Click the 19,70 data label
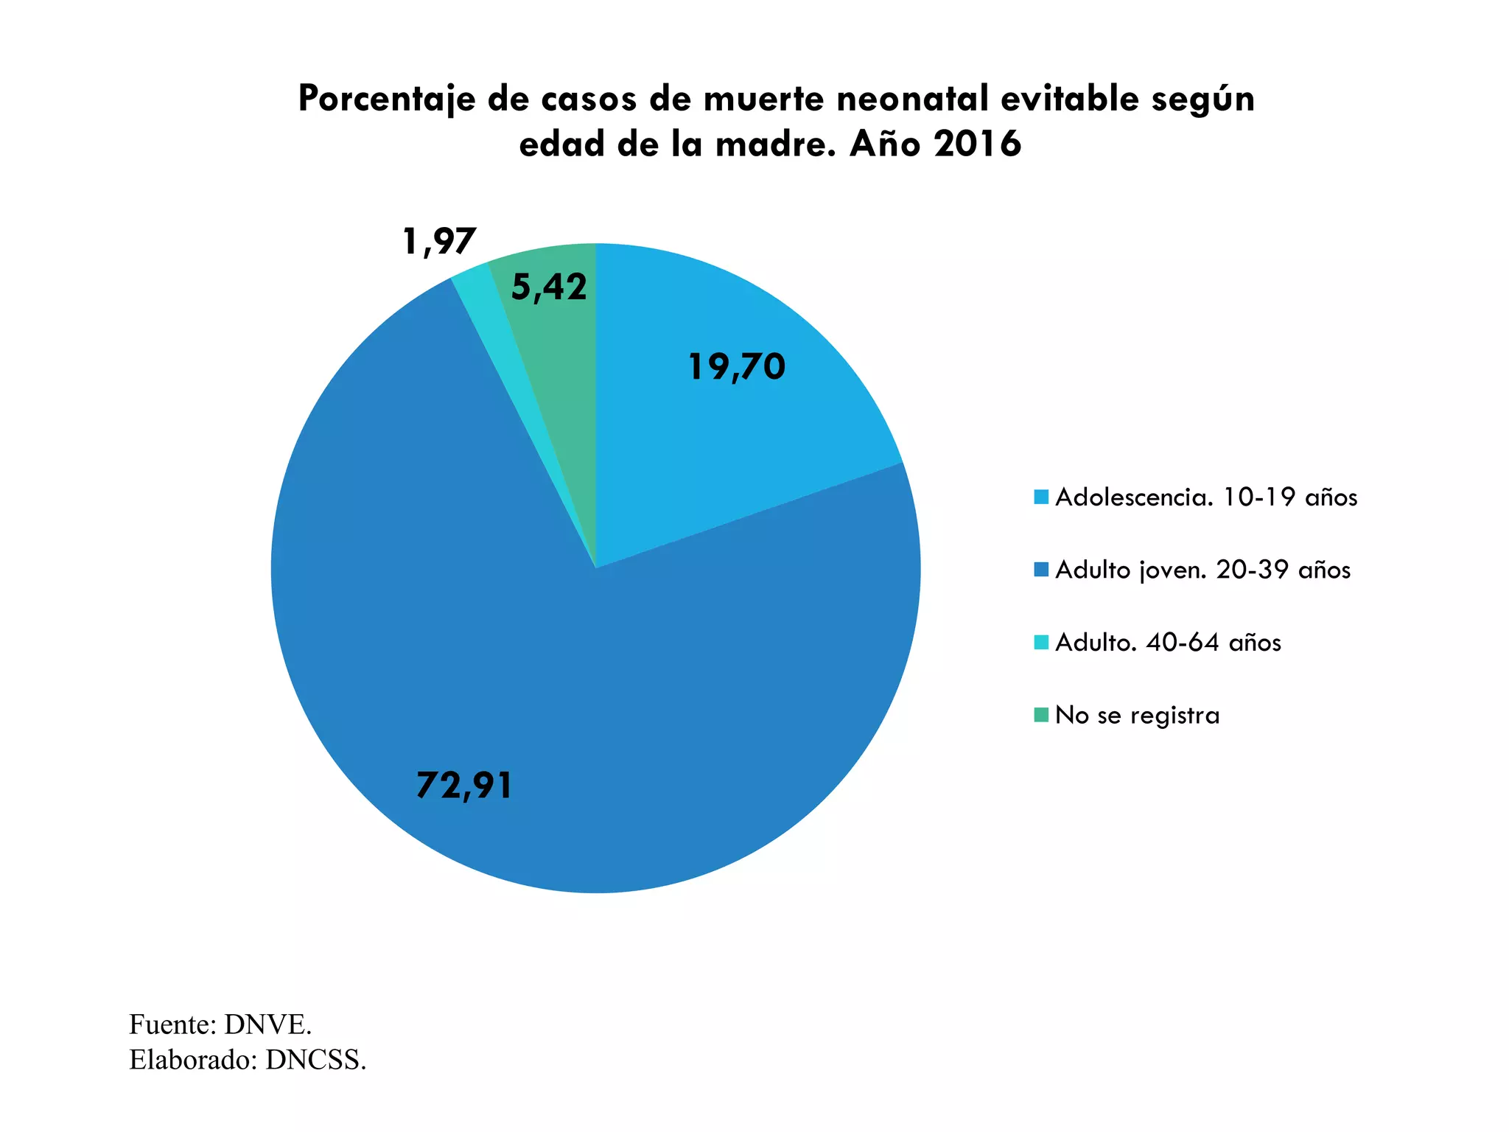pos(736,367)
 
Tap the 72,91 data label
pos(464,785)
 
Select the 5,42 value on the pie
pos(549,287)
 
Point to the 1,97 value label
pos(439,241)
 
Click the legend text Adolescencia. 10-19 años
pos(1206,497)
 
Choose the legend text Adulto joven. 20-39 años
pos(1202,570)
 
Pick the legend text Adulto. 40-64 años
pos(1168,643)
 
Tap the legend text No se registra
pos(1137,715)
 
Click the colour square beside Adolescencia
pos(1041,497)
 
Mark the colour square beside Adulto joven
pos(1041,570)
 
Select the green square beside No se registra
pos(1041,715)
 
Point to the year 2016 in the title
pos(977,144)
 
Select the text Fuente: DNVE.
pos(220,1024)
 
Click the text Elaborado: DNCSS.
pos(248,1060)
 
